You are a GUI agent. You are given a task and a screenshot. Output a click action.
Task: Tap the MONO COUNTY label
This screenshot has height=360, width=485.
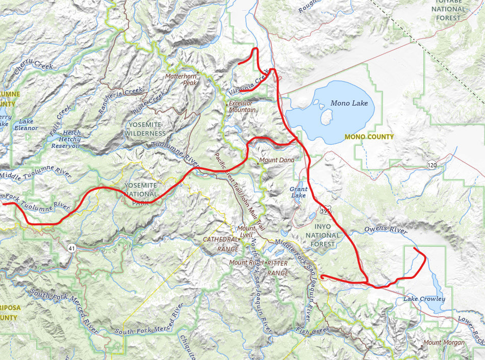pyautogui.click(x=369, y=137)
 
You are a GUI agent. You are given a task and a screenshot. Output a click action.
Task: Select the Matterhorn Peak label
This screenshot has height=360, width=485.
pyautogui.click(x=181, y=79)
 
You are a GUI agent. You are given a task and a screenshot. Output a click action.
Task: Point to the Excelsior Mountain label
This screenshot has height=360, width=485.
pyautogui.click(x=242, y=106)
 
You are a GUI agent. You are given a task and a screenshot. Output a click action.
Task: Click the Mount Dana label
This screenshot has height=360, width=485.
pyautogui.click(x=277, y=160)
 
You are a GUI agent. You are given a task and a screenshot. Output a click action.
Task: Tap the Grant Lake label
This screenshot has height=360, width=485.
pyautogui.click(x=298, y=192)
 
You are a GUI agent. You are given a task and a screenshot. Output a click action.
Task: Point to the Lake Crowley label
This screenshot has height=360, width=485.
pyautogui.click(x=424, y=299)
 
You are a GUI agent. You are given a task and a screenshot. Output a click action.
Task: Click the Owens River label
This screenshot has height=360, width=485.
pyautogui.click(x=385, y=229)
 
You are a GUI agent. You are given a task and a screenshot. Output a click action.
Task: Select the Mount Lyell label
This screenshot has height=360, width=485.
pyautogui.click(x=246, y=232)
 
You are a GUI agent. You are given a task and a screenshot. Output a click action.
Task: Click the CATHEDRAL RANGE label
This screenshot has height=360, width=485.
pyautogui.click(x=221, y=244)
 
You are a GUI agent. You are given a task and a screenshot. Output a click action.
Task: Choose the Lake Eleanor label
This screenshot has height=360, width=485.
pyautogui.click(x=26, y=125)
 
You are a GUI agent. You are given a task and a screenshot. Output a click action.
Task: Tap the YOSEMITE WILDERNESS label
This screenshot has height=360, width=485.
pyautogui.click(x=145, y=129)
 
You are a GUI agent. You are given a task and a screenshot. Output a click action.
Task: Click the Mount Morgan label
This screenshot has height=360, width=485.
pyautogui.click(x=444, y=343)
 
